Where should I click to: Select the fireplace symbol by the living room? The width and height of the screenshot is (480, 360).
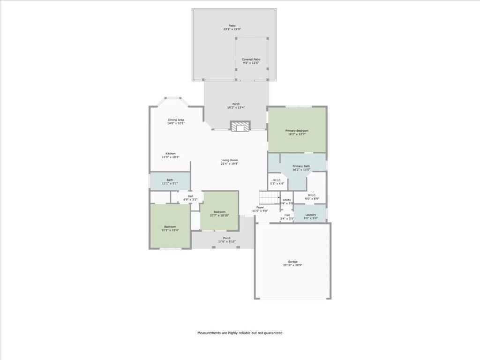[x=240, y=127]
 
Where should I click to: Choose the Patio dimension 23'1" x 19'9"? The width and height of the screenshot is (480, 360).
[x=232, y=29]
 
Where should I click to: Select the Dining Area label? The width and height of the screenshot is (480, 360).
[x=176, y=120]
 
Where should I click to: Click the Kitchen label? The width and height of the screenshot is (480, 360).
[x=171, y=154]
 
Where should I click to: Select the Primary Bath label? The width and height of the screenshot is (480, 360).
[x=301, y=166]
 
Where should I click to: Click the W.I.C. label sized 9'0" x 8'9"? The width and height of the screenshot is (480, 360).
[x=312, y=195]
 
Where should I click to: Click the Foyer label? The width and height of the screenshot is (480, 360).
[x=260, y=207]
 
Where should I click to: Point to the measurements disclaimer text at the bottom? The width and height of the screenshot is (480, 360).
[x=240, y=333]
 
